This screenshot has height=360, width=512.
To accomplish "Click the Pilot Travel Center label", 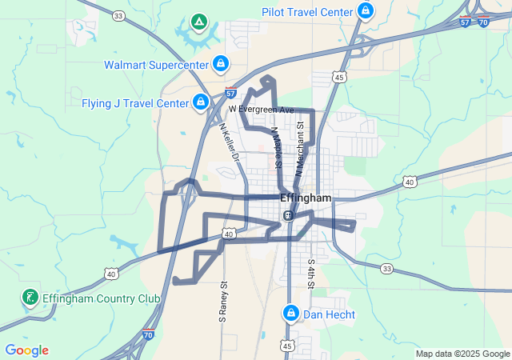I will click(307, 12).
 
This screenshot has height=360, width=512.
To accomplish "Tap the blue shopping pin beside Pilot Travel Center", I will click(366, 11).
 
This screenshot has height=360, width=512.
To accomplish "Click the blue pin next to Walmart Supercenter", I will click(220, 63).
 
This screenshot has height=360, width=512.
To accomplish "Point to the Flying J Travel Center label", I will click(135, 103).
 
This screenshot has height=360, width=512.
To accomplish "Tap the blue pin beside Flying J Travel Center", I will click(200, 102).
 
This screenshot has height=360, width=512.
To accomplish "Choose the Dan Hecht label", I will click(329, 314).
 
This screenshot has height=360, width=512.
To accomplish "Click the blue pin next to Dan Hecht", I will click(291, 313).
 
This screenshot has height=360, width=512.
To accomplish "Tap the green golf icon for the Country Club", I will click(30, 298).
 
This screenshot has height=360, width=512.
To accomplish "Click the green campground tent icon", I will click(199, 22).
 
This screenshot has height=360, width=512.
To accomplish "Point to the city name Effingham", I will click(306, 198).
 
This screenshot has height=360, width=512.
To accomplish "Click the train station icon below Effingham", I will click(288, 215).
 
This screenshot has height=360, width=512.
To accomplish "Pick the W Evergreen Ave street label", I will click(262, 109).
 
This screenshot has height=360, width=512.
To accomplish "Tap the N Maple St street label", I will click(276, 146).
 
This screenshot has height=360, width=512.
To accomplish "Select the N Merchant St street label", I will click(301, 147).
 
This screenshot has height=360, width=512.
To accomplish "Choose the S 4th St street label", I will click(311, 274).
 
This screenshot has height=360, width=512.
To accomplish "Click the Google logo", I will click(26, 350).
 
